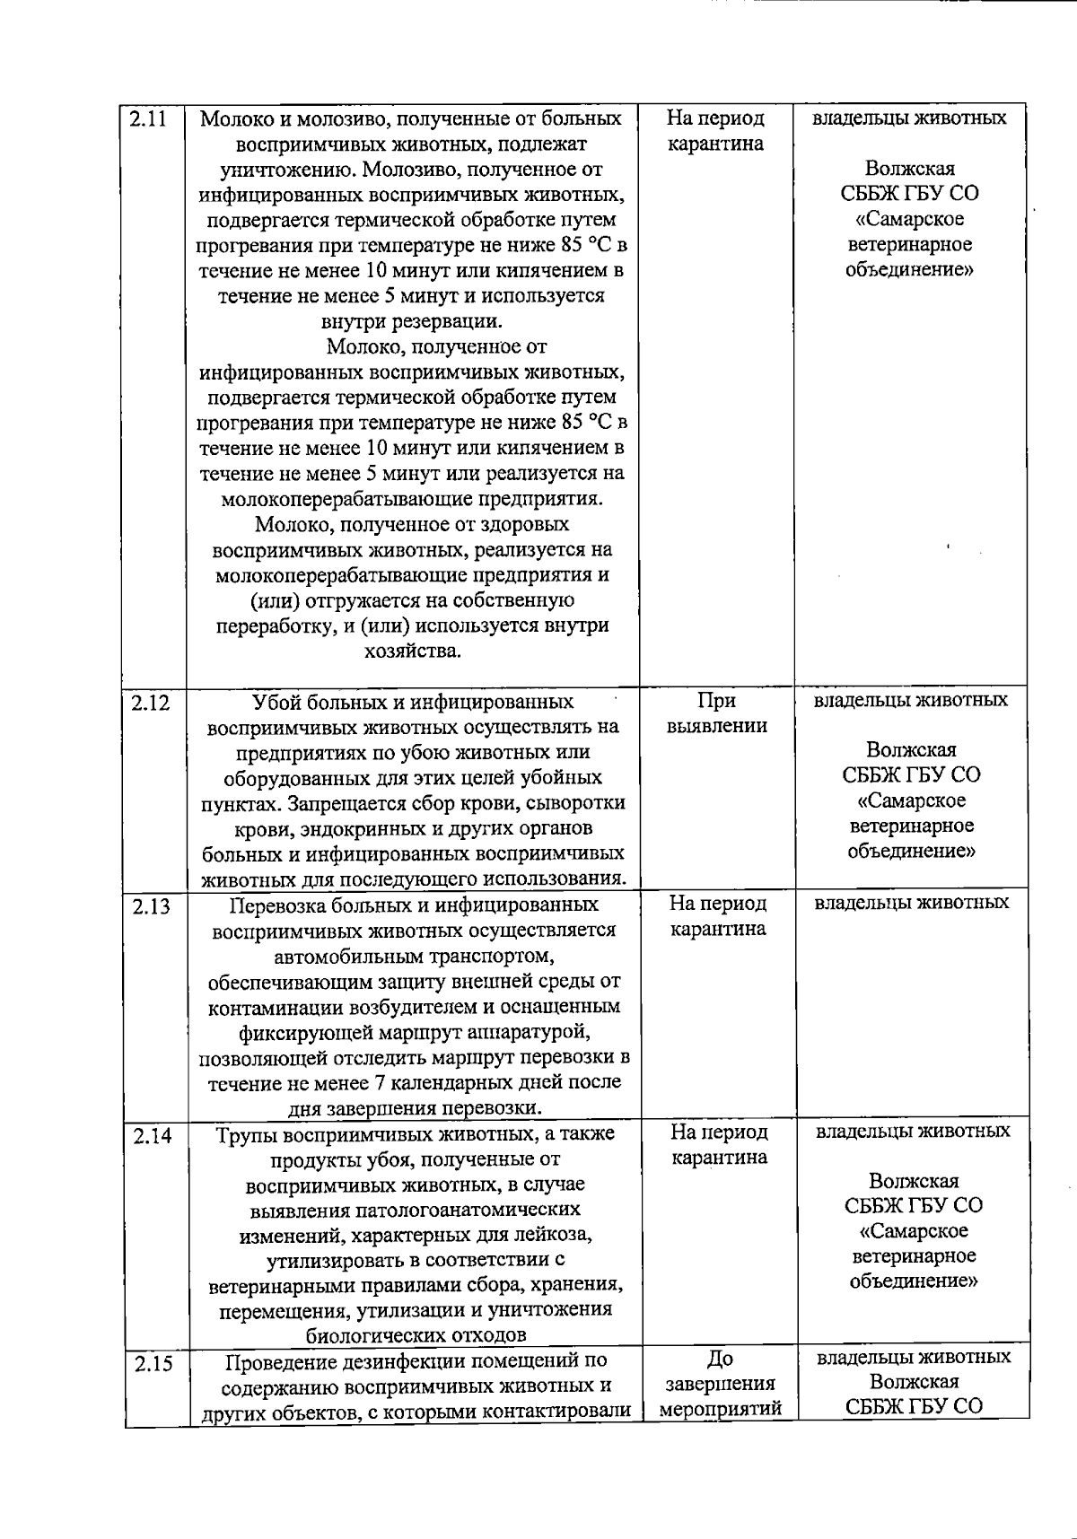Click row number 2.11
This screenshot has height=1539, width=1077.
[148, 118]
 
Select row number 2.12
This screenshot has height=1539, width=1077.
[150, 703]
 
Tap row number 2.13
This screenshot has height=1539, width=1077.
[151, 906]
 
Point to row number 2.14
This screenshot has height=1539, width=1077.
[153, 1135]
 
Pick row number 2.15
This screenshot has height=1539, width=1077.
[153, 1364]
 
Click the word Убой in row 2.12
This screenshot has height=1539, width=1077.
[276, 702]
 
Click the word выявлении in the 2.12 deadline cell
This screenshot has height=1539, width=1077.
[717, 726]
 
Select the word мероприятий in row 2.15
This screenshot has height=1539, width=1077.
[721, 1409]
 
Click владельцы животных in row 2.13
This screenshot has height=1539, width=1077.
[911, 903]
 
